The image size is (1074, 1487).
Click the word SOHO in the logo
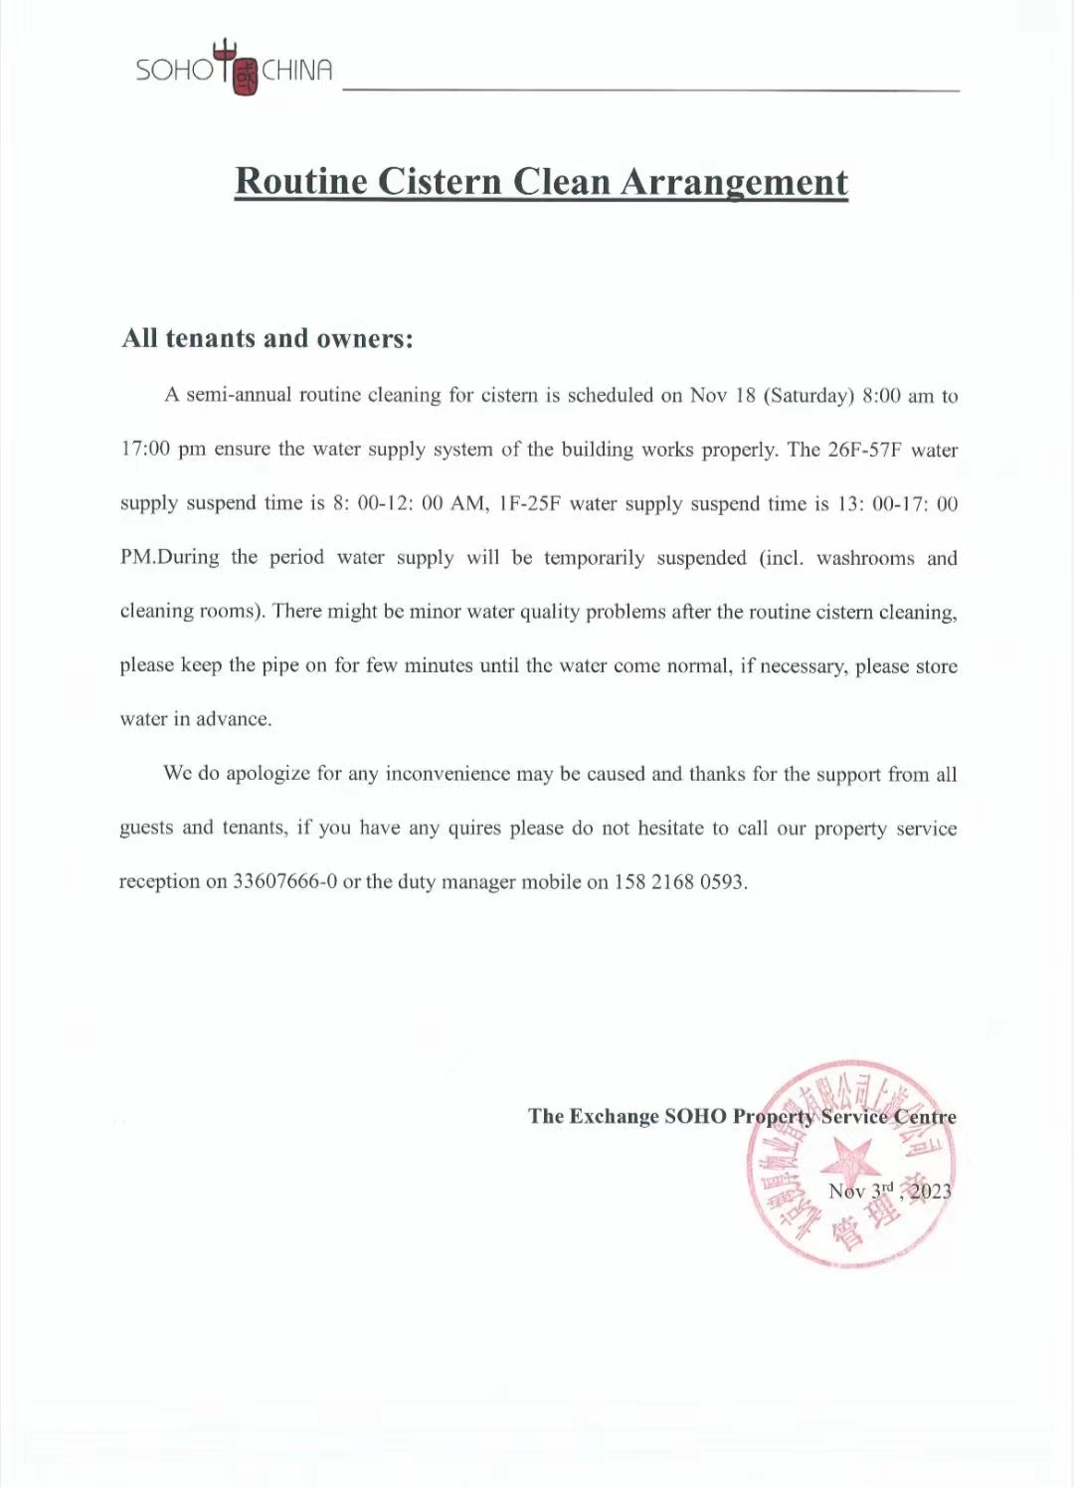[174, 70]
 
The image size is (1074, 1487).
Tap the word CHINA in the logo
[296, 70]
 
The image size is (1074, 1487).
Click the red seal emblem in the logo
[245, 76]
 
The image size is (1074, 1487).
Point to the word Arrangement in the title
[734, 182]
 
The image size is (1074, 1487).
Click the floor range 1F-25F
[529, 503]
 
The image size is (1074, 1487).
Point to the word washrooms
[865, 558]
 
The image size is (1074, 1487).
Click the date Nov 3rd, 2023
[889, 1191]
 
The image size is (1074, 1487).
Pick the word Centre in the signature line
[925, 1117]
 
